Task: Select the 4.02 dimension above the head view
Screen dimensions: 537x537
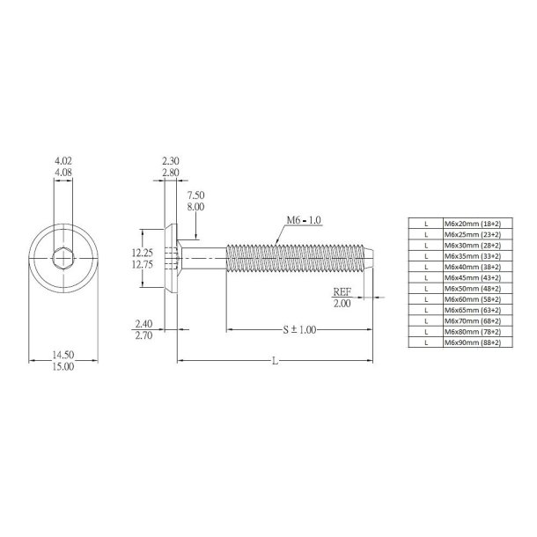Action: tap(63, 162)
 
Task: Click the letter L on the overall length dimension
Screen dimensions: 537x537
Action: tap(274, 362)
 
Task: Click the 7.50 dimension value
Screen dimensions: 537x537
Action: tap(195, 195)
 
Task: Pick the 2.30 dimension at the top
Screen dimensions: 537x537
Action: tap(171, 162)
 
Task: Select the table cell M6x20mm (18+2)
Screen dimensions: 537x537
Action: tap(472, 224)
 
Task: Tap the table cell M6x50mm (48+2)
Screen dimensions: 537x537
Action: tap(472, 288)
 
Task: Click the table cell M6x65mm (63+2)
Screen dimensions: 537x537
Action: tap(472, 309)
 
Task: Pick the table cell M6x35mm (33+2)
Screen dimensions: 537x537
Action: tap(472, 256)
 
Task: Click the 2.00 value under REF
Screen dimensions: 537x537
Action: tap(342, 303)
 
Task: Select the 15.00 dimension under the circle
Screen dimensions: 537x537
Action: tap(63, 366)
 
